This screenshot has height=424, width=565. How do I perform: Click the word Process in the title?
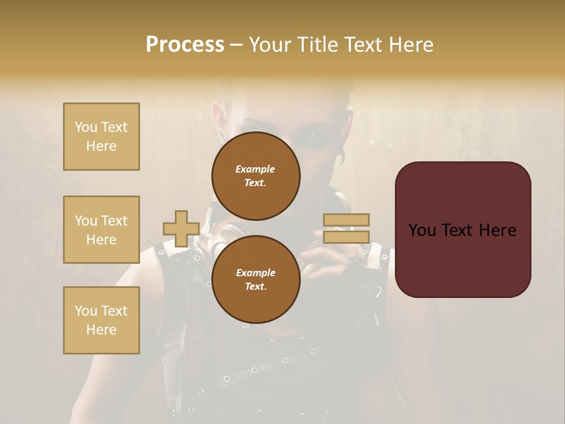click(185, 45)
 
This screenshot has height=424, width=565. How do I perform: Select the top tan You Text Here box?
click(101, 137)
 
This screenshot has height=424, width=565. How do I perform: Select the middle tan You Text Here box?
click(101, 230)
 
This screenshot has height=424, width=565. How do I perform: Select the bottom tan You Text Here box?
click(101, 320)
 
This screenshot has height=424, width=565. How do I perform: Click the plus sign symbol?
click(181, 229)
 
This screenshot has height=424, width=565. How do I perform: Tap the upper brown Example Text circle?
click(255, 175)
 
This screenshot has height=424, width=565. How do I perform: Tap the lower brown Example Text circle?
click(255, 279)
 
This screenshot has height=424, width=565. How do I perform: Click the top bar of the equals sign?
click(346, 220)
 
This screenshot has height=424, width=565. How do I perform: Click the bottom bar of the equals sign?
click(346, 237)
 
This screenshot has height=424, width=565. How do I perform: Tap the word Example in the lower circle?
click(255, 273)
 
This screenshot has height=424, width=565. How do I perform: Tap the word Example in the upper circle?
click(255, 169)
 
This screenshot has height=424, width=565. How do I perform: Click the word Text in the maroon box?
click(462, 230)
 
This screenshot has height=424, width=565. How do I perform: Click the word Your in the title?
click(269, 45)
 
